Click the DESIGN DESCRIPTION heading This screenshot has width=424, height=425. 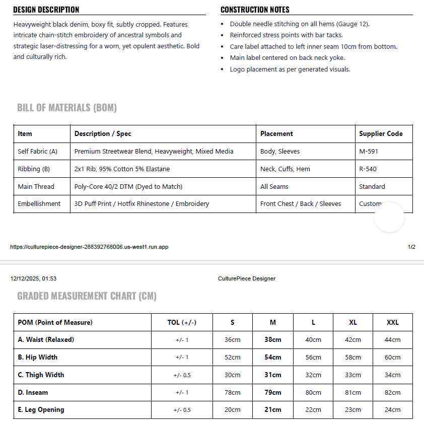46,10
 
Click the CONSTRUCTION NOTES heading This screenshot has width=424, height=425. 255,10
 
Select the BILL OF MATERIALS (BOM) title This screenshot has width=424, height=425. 67,108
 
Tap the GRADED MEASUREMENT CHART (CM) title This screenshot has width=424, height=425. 87,296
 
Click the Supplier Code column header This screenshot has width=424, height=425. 381,134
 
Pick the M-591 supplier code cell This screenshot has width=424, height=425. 369,152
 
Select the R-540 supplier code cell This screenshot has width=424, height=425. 368,169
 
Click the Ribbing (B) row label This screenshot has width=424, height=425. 34,169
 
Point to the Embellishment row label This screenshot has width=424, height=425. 39,204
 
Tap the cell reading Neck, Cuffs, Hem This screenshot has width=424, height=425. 285,169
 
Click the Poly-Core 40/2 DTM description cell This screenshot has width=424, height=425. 128,187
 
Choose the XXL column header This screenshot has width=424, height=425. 392,322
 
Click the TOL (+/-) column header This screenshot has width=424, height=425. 182,322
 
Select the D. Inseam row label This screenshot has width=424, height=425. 33,392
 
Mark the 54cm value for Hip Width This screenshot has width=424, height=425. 273,358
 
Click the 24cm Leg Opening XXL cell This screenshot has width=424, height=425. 392,410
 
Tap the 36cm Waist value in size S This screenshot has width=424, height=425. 233,340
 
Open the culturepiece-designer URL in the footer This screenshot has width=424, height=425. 89,247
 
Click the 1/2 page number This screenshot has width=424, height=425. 411,247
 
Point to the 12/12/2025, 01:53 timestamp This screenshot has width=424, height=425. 33,278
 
